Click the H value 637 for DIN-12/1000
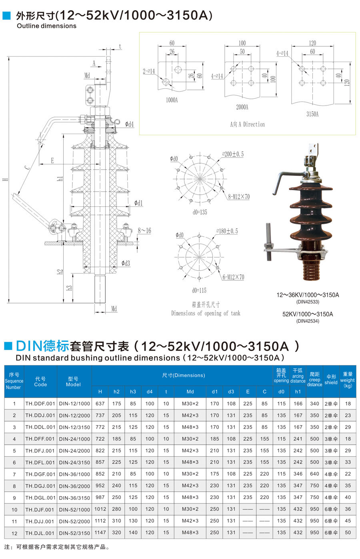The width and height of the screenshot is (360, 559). (x=100, y=403)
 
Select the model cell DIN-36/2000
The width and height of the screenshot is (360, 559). (x=74, y=486)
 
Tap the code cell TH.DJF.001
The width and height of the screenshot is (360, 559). (x=40, y=509)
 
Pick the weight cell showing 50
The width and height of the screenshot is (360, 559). (x=348, y=533)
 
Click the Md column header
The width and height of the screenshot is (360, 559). (x=190, y=391)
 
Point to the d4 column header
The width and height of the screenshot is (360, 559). (x=150, y=391)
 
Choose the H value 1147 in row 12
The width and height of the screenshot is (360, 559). (x=100, y=533)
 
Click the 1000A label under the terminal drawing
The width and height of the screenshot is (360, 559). (x=172, y=100)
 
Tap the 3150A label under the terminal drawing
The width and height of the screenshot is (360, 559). (x=312, y=114)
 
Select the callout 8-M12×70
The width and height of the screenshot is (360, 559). (x=239, y=196)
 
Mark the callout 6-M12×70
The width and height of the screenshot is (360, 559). (x=233, y=277)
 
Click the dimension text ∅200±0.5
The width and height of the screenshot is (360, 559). (x=233, y=154)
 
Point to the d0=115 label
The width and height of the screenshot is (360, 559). (x=199, y=290)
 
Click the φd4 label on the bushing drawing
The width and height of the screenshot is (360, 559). (x=129, y=124)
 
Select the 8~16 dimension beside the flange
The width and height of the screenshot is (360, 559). (x=144, y=231)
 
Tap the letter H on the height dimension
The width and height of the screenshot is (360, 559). (x=5, y=180)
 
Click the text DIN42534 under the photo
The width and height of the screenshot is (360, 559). (x=308, y=321)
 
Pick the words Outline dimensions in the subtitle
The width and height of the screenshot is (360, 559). (x=46, y=26)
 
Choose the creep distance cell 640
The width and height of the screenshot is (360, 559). (x=314, y=474)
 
